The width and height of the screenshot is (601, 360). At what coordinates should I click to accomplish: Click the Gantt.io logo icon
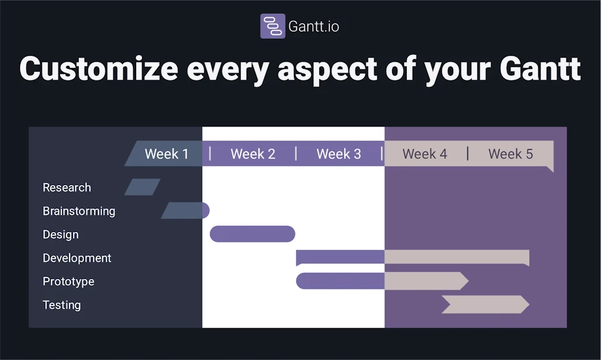[x=272, y=26]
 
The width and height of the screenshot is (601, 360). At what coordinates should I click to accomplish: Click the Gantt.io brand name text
[x=313, y=27]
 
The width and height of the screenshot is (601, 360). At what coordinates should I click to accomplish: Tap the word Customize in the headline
[x=99, y=69]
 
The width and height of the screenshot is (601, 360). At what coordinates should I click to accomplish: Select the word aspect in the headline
[x=327, y=69]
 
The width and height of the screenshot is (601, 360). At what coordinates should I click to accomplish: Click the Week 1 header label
[x=167, y=154]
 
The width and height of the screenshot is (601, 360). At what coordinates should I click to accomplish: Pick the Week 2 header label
[x=252, y=154]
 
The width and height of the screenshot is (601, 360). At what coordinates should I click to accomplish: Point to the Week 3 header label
[x=339, y=154]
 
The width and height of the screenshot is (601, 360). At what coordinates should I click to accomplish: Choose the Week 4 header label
[x=424, y=154]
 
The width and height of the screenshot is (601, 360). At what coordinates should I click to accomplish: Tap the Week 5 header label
[x=511, y=154]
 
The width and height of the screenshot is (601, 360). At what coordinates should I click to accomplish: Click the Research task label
[x=67, y=187]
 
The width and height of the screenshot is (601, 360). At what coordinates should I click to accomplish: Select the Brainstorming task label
[x=79, y=211]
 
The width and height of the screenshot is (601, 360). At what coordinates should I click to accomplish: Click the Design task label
[x=60, y=234]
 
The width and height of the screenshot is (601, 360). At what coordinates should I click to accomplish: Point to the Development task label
[x=77, y=258]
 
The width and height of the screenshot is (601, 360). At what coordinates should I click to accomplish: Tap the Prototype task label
[x=68, y=281]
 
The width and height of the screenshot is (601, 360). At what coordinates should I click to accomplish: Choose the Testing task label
[x=62, y=305]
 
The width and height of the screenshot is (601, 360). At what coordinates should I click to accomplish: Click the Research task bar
[x=143, y=187]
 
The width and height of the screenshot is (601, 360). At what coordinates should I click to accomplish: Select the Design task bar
[x=252, y=234]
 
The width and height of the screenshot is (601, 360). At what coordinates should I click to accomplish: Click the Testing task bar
[x=485, y=304]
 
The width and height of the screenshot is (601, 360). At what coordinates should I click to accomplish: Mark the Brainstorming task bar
[x=185, y=210]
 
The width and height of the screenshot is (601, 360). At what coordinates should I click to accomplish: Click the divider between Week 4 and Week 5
[x=468, y=154]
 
